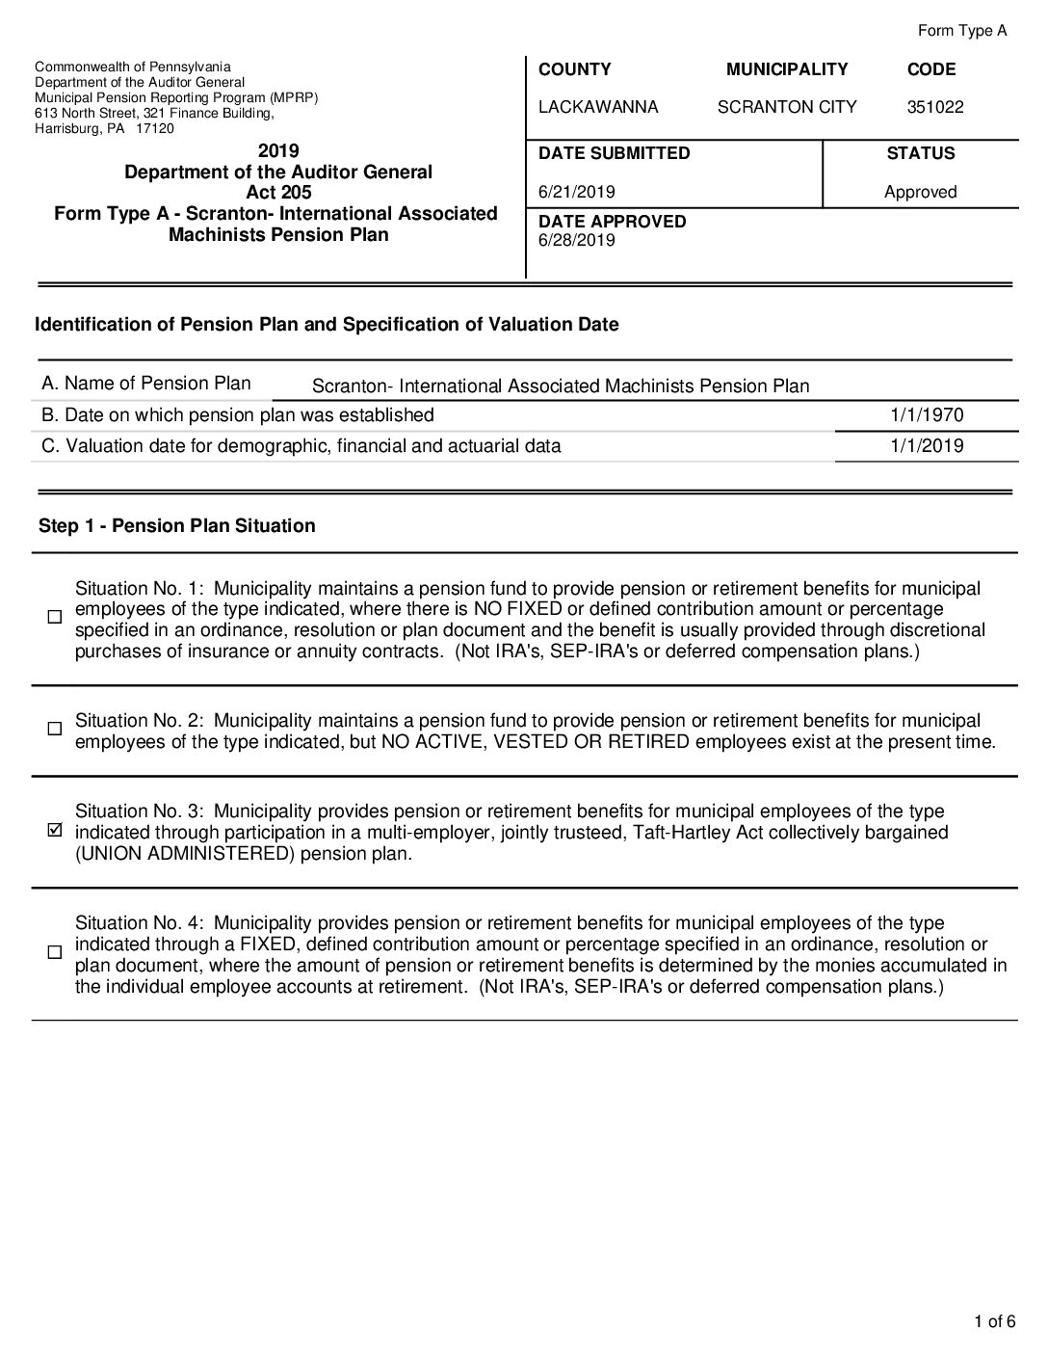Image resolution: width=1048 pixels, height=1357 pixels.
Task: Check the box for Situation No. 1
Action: pyautogui.click(x=55, y=617)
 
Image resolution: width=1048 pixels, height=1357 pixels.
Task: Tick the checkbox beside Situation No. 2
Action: pyautogui.click(x=55, y=730)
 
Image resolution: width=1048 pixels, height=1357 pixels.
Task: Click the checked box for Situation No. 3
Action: pyautogui.click(x=55, y=831)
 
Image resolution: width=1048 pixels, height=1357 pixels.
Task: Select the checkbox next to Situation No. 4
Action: pyautogui.click(x=55, y=952)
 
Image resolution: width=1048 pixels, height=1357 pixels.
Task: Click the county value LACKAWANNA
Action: pyautogui.click(x=598, y=107)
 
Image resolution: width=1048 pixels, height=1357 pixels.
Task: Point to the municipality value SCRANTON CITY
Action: pyautogui.click(x=787, y=107)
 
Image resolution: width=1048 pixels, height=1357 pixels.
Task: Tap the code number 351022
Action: pyautogui.click(x=934, y=107)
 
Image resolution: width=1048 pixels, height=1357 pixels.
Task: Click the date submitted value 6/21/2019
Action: pyautogui.click(x=576, y=192)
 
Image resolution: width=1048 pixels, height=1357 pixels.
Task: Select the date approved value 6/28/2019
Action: pyautogui.click(x=576, y=240)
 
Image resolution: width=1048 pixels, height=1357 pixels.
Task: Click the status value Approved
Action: pyautogui.click(x=920, y=192)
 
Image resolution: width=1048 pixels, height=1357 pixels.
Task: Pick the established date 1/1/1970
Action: pyautogui.click(x=927, y=415)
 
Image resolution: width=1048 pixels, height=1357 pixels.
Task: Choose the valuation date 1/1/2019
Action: pyautogui.click(x=927, y=445)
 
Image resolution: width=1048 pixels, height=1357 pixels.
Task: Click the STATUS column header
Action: pyautogui.click(x=920, y=153)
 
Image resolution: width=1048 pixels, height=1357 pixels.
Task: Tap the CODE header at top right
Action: pyautogui.click(x=931, y=69)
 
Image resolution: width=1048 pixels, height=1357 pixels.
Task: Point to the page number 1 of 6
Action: pyautogui.click(x=995, y=1321)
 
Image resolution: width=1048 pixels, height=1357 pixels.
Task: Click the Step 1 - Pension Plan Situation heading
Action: pyautogui.click(x=177, y=525)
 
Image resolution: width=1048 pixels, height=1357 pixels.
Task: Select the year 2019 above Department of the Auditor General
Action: pyautogui.click(x=278, y=150)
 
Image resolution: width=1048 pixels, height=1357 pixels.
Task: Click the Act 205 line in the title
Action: pyautogui.click(x=278, y=193)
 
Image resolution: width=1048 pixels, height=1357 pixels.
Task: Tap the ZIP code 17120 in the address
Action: pyautogui.click(x=155, y=128)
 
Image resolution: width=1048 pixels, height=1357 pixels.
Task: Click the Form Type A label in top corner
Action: pyautogui.click(x=961, y=31)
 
